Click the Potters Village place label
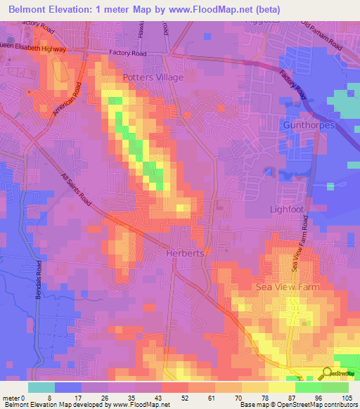click(153, 77)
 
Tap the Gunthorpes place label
click(308, 124)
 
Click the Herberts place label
click(185, 253)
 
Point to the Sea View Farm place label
click(287, 287)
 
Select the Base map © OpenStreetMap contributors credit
click(298, 405)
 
